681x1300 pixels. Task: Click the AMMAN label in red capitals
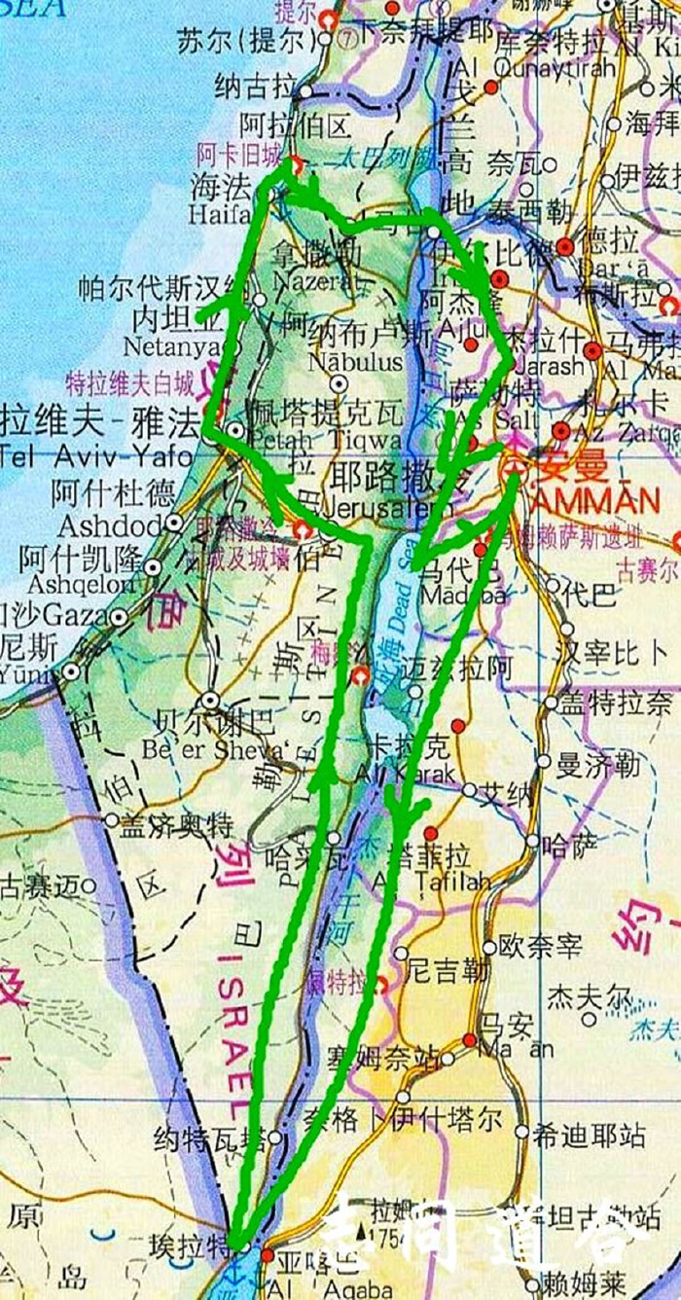595,502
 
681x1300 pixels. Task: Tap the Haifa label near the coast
220,213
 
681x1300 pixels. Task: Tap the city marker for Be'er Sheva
210,700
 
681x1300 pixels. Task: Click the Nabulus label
341,362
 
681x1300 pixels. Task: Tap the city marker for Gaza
119,617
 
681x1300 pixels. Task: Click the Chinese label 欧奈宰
539,946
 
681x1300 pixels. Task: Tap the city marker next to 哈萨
532,841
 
